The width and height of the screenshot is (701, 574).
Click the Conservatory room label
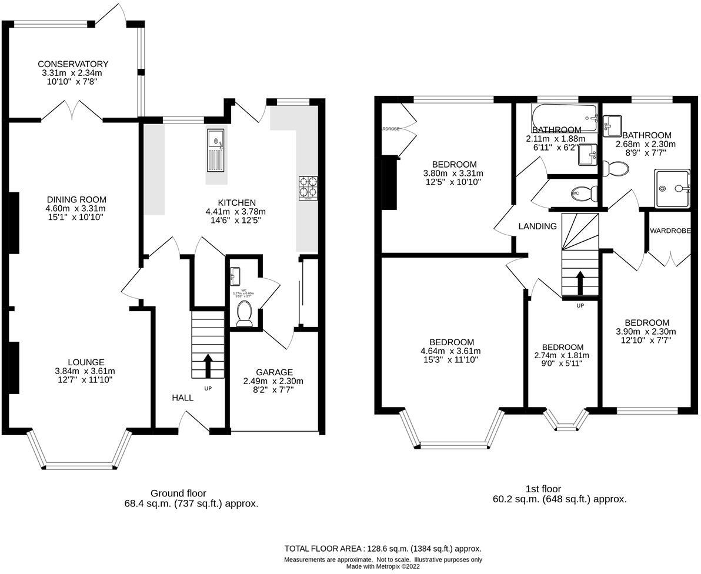point(73,64)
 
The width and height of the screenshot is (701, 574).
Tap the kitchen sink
point(216,151)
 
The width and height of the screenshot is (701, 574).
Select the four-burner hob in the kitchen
point(308,188)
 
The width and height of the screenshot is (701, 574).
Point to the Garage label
point(274,372)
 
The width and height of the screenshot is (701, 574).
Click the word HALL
point(182,398)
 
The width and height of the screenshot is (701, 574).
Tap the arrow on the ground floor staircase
point(207,365)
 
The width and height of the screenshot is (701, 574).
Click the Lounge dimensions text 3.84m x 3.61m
point(86,371)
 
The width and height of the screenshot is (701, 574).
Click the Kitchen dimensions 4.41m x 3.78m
point(235,212)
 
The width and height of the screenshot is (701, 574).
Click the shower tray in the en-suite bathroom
point(673,188)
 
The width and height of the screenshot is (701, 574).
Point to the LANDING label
point(538,226)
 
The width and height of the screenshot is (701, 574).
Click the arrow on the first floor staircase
point(579,283)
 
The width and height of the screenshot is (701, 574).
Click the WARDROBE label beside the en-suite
point(670,231)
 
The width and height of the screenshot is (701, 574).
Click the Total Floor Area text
point(383,548)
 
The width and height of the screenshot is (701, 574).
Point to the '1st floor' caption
point(543,489)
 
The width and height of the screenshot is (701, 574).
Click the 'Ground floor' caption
point(178,493)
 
